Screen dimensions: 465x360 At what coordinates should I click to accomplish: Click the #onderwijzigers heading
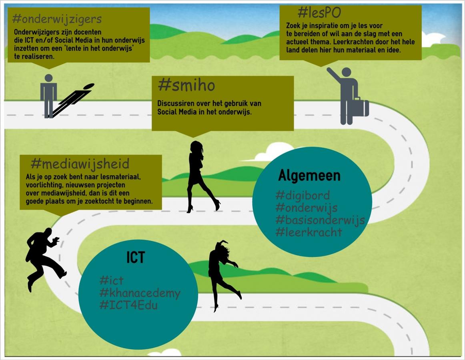(57, 19)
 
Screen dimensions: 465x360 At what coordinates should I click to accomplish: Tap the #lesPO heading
(319, 13)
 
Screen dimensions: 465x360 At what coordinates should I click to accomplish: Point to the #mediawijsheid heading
(80, 163)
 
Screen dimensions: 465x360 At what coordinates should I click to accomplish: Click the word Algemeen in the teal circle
(309, 175)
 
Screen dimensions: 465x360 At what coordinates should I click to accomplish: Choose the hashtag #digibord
(303, 195)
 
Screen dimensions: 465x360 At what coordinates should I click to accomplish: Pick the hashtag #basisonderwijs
(320, 220)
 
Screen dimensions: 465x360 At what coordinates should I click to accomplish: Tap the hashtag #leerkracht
(309, 232)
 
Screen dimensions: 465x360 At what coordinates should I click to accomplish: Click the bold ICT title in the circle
(136, 258)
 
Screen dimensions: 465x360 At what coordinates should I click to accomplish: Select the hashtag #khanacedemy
(140, 293)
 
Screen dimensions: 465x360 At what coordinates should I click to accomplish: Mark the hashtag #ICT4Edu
(128, 305)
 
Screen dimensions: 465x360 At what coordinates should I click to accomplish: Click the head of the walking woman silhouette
(196, 147)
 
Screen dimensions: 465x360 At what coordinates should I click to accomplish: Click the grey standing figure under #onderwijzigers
(48, 95)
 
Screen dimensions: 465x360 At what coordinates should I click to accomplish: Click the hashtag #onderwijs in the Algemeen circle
(306, 208)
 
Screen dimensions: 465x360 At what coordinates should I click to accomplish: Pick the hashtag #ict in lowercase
(111, 280)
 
